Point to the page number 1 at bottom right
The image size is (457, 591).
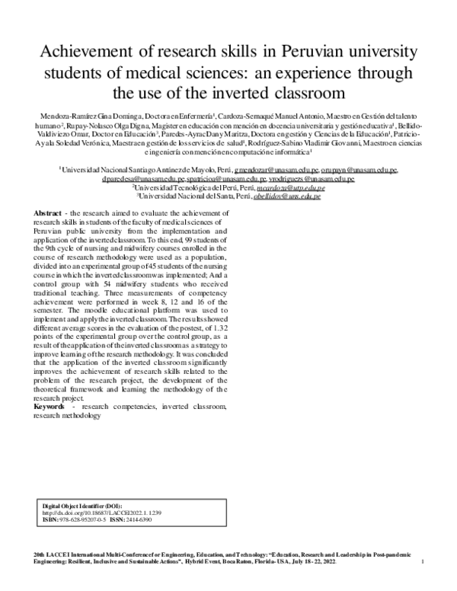click(421, 561)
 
